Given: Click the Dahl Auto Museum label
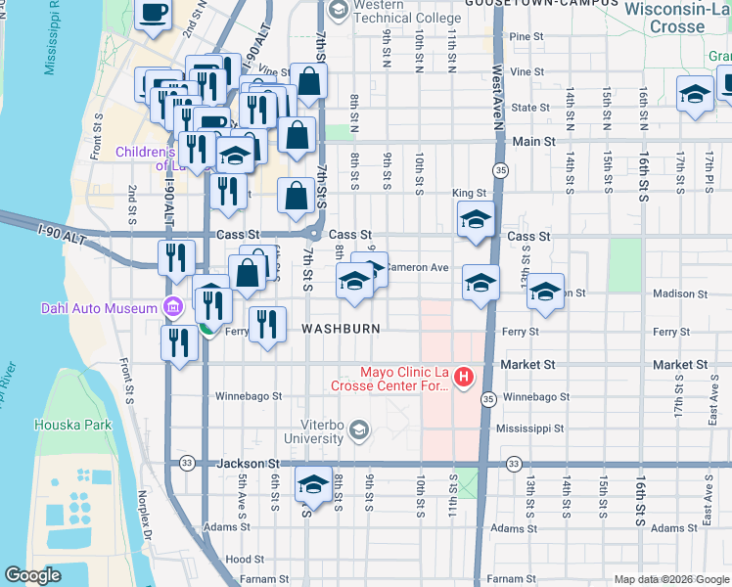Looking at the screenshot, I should pyautogui.click(x=99, y=308).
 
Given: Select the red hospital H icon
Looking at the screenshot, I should pyautogui.click(x=464, y=376).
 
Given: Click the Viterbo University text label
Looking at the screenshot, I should pyautogui.click(x=316, y=437).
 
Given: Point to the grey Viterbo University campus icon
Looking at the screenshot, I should pyautogui.click(x=359, y=429).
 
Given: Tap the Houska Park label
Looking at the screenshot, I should pyautogui.click(x=73, y=425).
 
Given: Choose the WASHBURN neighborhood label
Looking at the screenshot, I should pyautogui.click(x=341, y=329).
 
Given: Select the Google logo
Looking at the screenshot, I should pyautogui.click(x=32, y=575).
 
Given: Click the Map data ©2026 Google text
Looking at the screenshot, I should pyautogui.click(x=671, y=579).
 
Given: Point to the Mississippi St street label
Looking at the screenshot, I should pyautogui.click(x=529, y=429).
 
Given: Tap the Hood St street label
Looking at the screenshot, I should pyautogui.click(x=239, y=560).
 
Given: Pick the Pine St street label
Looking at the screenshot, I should pyautogui.click(x=526, y=36).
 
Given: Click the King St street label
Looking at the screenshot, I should pyautogui.click(x=469, y=194).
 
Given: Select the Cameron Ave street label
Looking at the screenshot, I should pyautogui.click(x=417, y=267).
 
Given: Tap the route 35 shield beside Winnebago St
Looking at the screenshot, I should pyautogui.click(x=486, y=398).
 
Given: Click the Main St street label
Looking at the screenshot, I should pyautogui.click(x=533, y=142).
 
